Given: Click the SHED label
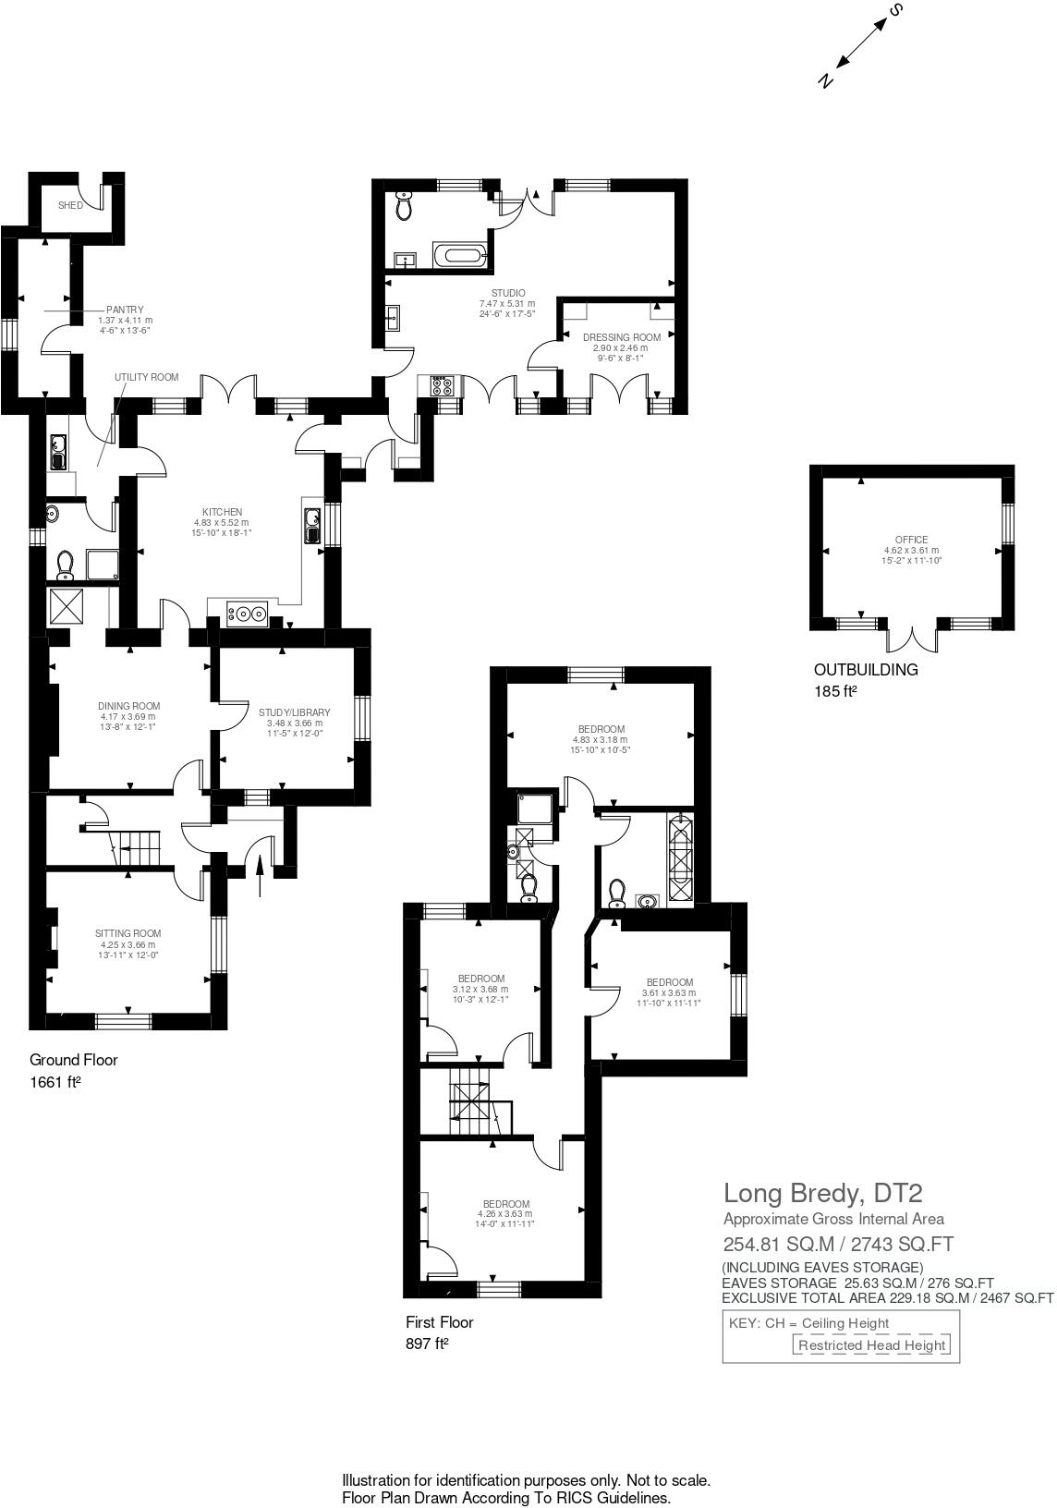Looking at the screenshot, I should coord(70,205).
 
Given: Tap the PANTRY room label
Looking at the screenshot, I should coord(125,310).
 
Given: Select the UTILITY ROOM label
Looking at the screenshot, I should coord(146,377).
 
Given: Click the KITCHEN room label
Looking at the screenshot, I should coord(222,512).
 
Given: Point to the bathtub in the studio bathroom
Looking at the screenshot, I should coord(456,256).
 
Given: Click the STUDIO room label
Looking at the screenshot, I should coord(507,294).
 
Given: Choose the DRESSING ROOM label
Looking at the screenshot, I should coord(621,337).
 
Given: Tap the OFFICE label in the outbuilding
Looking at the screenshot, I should coord(910,540).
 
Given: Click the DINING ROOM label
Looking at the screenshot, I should coord(128,706).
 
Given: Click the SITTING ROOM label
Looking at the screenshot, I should coord(128,933).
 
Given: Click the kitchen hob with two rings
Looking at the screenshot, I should coord(249,612).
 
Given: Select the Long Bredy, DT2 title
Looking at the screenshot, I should coord(822,1193).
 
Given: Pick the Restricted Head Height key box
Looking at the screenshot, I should coord(871,1345).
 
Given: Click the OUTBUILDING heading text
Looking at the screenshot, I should coord(865,670).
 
